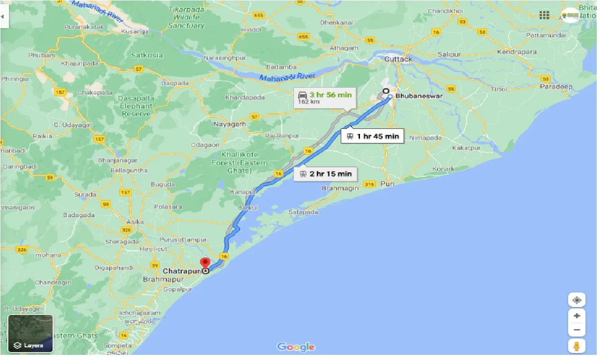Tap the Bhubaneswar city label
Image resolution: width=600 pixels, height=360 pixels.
pos(419,96)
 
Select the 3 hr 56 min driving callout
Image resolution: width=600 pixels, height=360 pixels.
pos(325,97)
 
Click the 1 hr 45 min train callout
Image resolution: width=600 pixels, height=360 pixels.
pos(372,136)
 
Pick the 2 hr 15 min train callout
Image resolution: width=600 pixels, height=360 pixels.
pos(325,174)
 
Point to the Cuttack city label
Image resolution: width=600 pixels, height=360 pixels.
pos(398,59)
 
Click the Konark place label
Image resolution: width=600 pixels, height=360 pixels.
pos(443,169)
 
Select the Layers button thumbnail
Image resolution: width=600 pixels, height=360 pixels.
pos(30,333)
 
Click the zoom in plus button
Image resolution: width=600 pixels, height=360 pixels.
pos(577,315)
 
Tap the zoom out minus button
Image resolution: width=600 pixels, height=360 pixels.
pos(577,330)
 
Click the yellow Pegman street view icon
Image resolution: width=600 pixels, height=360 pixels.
pos(577,346)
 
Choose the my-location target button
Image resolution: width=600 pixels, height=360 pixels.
pos(577,300)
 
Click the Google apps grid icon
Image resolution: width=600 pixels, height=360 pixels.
pos(544,15)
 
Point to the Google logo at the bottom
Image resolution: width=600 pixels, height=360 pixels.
pos(296,347)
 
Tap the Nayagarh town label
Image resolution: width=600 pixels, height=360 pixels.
pos(230,124)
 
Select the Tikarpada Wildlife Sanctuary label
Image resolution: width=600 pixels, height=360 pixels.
pos(186,18)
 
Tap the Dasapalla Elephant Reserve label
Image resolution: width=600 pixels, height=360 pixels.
pos(136,106)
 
